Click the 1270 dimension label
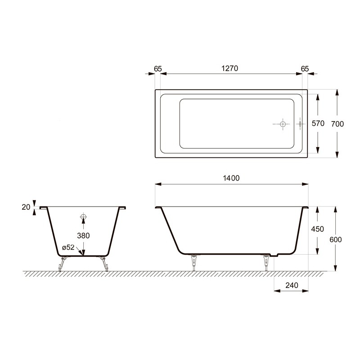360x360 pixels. [x=229, y=68]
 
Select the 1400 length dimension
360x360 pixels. [x=231, y=178]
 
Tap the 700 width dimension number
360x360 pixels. [x=337, y=124]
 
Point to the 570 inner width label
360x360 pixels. [x=318, y=123]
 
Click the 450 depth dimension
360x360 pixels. [x=318, y=229]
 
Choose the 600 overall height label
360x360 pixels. [x=336, y=240]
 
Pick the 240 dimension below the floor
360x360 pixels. [x=292, y=285]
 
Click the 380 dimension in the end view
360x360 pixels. [x=83, y=235]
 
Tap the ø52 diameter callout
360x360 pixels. [x=68, y=247]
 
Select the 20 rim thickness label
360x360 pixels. [x=26, y=207]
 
